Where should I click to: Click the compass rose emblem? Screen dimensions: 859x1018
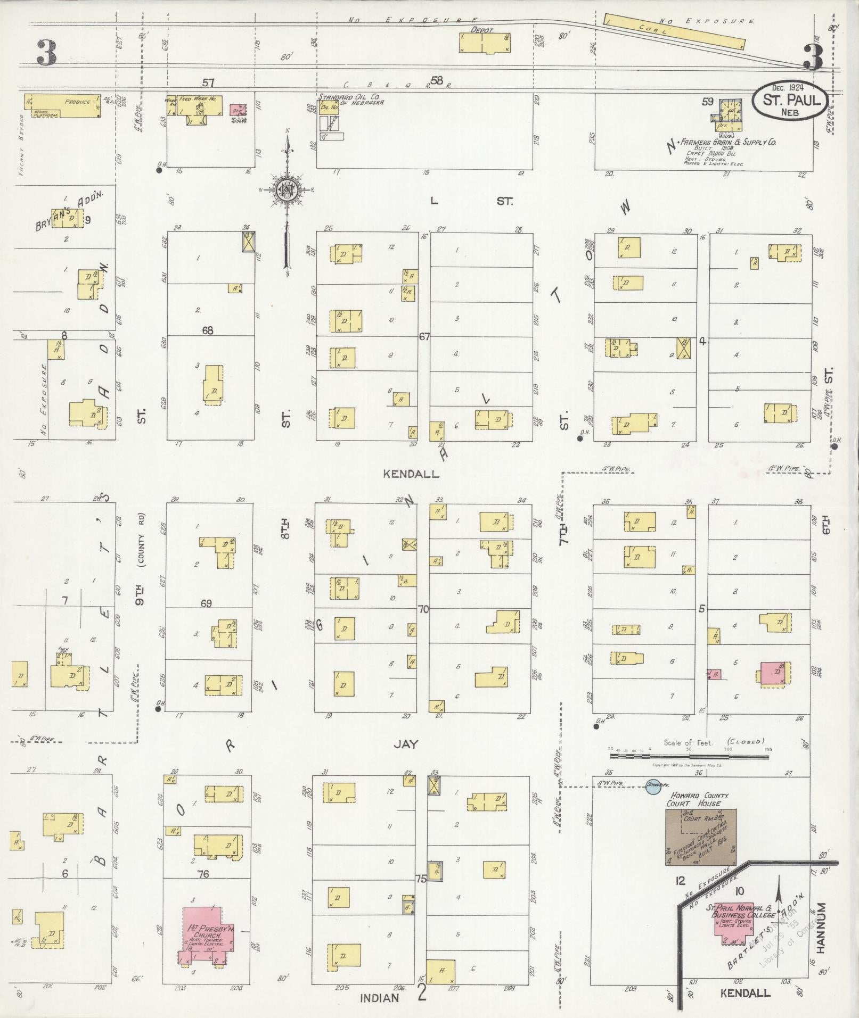pos(287,192)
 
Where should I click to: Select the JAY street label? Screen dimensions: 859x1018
pos(406,744)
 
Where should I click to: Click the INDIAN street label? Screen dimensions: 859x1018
pos(379,998)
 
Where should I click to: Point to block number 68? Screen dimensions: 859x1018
pos(207,331)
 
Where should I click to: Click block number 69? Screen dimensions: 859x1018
pos(207,603)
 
